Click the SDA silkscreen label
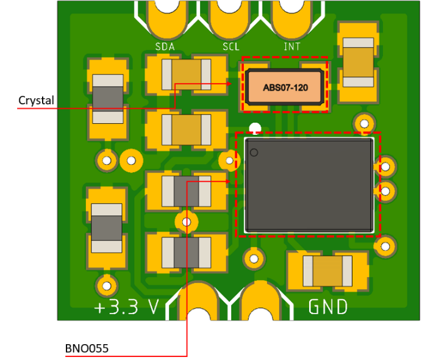click(165, 47)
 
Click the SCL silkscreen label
click(231, 47)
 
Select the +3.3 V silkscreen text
click(126, 307)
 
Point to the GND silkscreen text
click(328, 306)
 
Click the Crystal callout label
click(36, 100)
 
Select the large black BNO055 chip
click(309, 184)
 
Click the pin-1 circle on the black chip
click(254, 152)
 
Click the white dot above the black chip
click(255, 128)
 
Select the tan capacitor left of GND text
click(328, 271)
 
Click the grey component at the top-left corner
click(107, 98)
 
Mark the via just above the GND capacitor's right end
click(384, 247)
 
